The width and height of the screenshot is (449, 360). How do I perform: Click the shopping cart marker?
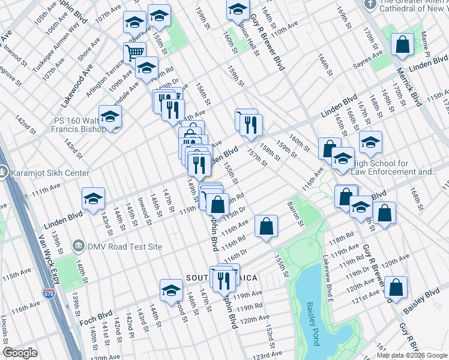point(135,52)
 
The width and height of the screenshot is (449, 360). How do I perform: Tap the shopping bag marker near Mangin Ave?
point(402,44)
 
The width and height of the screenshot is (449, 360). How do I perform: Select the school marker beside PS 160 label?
point(110,116)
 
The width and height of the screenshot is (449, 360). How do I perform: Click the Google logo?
point(20,353)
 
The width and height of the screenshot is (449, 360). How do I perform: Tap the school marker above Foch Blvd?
point(171,290)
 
